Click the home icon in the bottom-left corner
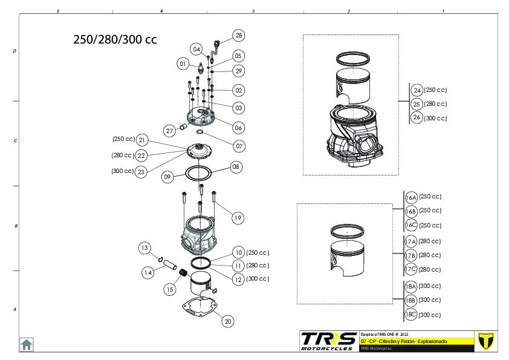27,344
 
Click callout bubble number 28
239,36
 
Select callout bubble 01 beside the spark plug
183,63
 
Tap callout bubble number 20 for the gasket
228,321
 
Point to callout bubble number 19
238,218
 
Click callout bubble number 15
169,289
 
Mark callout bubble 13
144,247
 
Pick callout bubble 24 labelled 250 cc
417,90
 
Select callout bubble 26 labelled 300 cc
417,117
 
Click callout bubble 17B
410,255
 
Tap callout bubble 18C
410,314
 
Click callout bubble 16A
410,197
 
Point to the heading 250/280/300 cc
115,40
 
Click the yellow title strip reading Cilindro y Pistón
412,342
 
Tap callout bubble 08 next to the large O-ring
235,166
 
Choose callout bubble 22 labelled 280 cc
141,155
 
